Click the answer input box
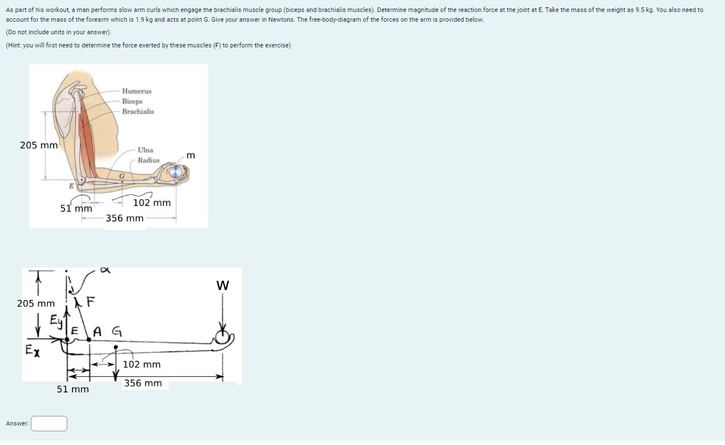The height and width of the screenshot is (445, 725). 49,423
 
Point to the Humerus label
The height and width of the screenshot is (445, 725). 136,91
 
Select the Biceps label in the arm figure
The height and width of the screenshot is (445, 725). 132,101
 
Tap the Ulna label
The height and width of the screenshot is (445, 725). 145,150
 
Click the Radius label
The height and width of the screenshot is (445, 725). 148,160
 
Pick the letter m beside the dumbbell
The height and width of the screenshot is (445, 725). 191,155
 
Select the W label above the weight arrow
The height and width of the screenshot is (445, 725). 223,285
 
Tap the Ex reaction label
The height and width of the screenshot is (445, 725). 32,350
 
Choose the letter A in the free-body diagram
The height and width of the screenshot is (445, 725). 97,330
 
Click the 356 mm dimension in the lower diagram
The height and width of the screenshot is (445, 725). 143,383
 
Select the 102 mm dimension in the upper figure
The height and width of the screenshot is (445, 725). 151,203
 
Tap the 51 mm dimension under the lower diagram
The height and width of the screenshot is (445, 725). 72,390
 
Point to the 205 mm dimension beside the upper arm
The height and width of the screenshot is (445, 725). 39,145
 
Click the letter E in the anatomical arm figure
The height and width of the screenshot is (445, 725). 71,186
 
